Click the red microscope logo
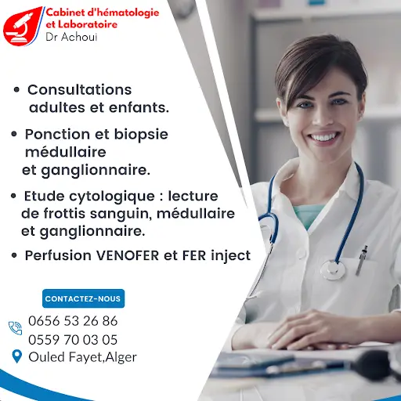pyautogui.click(x=23, y=26)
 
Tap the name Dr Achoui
pyautogui.click(x=71, y=37)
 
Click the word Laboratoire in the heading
pyautogui.click(x=88, y=24)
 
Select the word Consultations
pyautogui.click(x=80, y=90)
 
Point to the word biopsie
pyautogui.click(x=141, y=135)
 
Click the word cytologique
pyautogui.click(x=112, y=197)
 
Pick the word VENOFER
pyautogui.click(x=128, y=255)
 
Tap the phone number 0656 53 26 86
pyautogui.click(x=73, y=320)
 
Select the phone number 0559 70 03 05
pyautogui.click(x=73, y=340)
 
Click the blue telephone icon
pyautogui.click(x=15, y=328)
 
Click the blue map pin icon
pyautogui.click(x=17, y=356)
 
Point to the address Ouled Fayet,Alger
pyautogui.click(x=82, y=357)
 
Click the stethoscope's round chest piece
pyautogui.click(x=333, y=270)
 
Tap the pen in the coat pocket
pyautogui.click(x=362, y=260)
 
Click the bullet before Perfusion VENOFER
pyautogui.click(x=14, y=255)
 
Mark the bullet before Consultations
pyautogui.click(x=16, y=90)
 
